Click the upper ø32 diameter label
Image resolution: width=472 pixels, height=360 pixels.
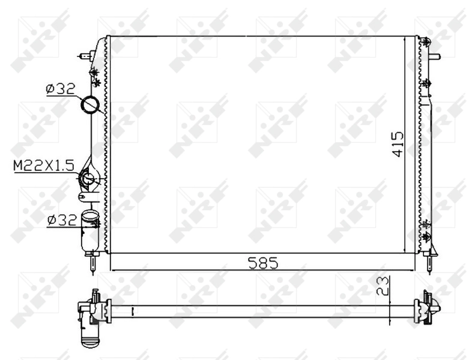(59, 89)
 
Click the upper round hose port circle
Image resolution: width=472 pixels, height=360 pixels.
(91, 105)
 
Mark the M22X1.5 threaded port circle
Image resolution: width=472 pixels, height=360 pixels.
(88, 178)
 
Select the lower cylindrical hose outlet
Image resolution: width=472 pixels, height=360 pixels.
(90, 228)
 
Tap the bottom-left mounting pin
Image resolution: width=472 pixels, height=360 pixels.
(92, 262)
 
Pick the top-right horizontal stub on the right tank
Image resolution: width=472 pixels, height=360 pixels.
(435, 58)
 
